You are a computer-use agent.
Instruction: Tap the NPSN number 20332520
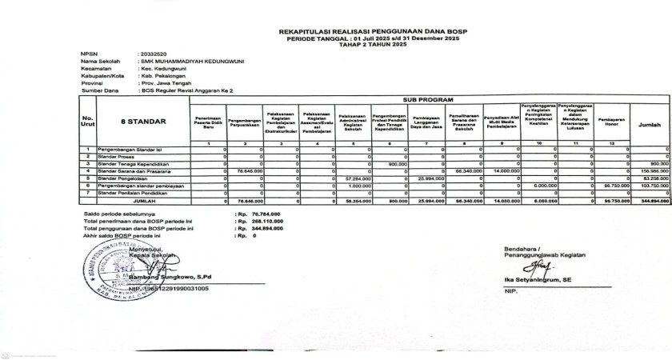(152, 54)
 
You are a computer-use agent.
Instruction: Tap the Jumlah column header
(649, 125)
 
